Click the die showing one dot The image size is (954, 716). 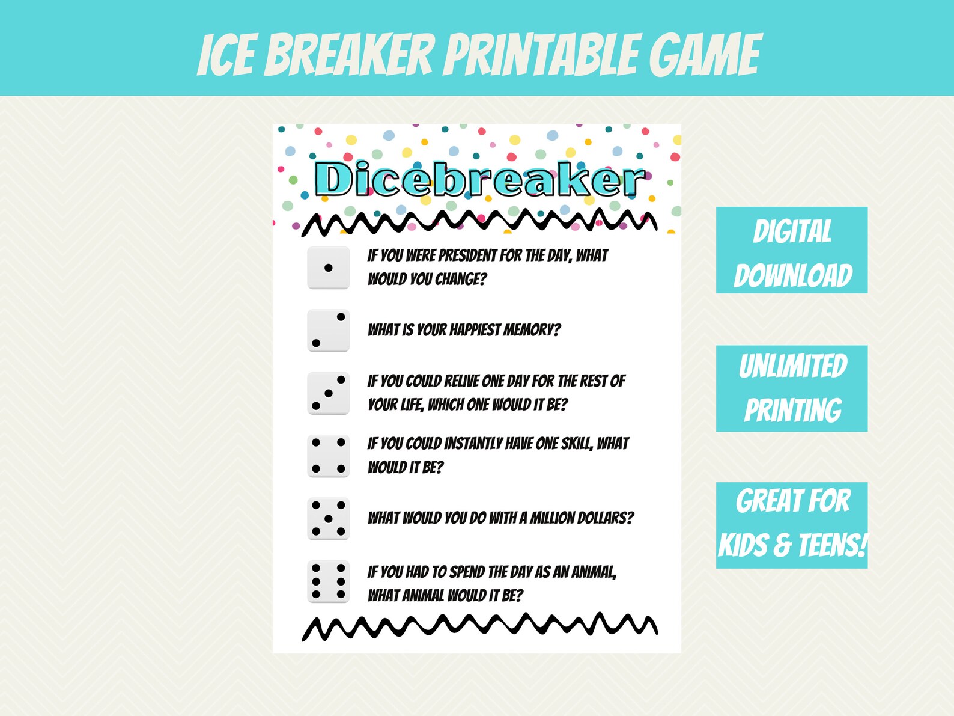pyautogui.click(x=328, y=268)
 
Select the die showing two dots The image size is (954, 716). pyautogui.click(x=328, y=330)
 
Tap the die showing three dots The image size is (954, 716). pyautogui.click(x=328, y=393)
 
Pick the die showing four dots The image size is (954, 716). pyautogui.click(x=328, y=456)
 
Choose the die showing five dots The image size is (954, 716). pyautogui.click(x=328, y=518)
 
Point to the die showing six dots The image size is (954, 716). pyautogui.click(x=328, y=581)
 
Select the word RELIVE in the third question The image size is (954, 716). pyautogui.click(x=461, y=381)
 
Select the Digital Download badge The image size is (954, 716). pyautogui.click(x=791, y=250)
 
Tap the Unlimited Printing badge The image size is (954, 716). pyautogui.click(x=791, y=388)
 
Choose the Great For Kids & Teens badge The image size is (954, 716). pyautogui.click(x=791, y=525)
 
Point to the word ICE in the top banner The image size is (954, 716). pyautogui.click(x=225, y=55)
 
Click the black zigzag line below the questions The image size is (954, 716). pyautogui.click(x=479, y=627)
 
